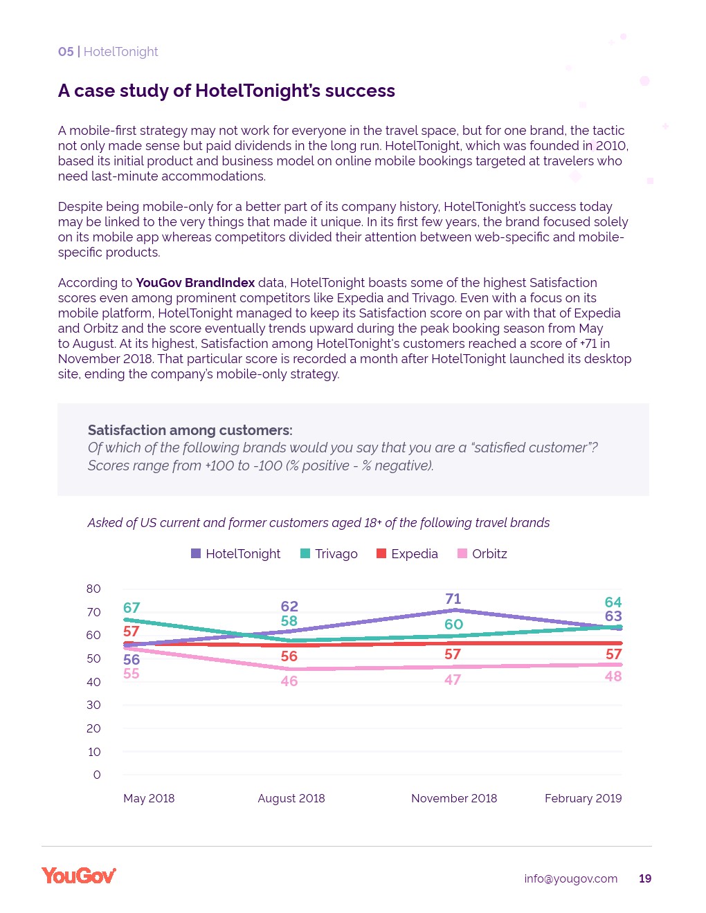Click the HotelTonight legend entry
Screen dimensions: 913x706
236,554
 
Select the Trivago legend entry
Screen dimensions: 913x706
329,554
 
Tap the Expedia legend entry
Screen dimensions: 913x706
408,554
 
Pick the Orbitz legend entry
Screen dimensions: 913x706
483,554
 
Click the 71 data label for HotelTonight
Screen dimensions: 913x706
453,599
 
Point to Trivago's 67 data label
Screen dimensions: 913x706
132,608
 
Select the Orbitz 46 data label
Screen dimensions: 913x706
289,681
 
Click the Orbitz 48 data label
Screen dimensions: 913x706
613,676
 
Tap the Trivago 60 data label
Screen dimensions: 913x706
453,625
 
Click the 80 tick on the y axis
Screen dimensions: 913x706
93,589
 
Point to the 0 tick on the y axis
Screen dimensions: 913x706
97,775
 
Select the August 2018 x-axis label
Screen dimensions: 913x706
291,798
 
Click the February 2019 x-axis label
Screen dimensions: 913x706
583,798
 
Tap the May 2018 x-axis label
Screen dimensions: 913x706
149,798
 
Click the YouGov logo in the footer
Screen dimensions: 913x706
79,876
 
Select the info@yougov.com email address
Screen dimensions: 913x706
570,878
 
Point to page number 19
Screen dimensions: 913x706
645,878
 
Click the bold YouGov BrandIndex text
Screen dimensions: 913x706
195,283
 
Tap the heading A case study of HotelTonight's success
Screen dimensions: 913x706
226,91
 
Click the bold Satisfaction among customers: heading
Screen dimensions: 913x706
190,430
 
